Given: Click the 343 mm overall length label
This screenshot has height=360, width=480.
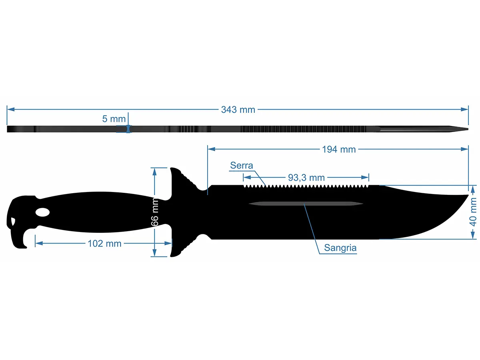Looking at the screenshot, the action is [x=238, y=110].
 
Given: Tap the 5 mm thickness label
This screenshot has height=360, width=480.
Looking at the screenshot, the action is [x=114, y=119].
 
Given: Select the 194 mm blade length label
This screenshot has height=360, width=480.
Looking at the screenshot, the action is [x=339, y=150].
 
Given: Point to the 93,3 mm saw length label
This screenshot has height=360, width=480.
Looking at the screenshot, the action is [x=306, y=178].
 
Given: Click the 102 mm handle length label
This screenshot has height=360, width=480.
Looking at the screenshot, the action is [x=104, y=244].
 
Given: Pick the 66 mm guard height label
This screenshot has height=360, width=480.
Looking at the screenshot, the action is [x=155, y=212].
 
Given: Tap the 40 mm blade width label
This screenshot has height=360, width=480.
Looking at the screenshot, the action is [x=473, y=212].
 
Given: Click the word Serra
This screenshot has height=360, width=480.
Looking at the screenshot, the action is [x=242, y=166].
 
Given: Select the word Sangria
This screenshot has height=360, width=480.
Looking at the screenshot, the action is [x=340, y=248].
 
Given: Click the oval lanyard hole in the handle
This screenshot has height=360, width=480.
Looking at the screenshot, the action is [x=43, y=212].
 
